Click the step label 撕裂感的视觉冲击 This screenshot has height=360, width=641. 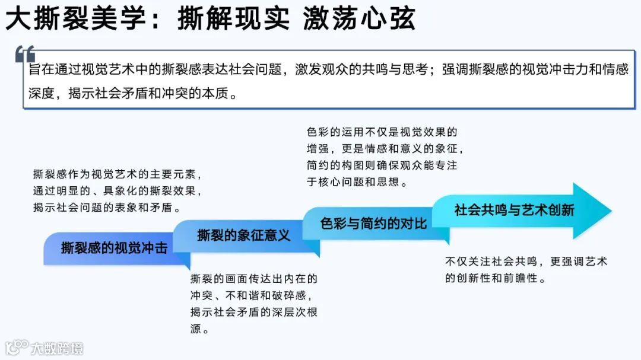114,248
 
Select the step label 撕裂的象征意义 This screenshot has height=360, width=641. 244,235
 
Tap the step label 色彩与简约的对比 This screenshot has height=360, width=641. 373,223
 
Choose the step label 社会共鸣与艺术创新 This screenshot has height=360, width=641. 514,210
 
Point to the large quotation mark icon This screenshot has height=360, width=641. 25,55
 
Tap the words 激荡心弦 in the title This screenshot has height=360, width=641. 359,20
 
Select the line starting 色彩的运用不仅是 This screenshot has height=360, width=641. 382,132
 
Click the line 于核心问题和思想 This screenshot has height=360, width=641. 357,182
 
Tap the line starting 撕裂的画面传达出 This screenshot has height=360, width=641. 253,279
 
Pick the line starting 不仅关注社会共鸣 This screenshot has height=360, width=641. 526,262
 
